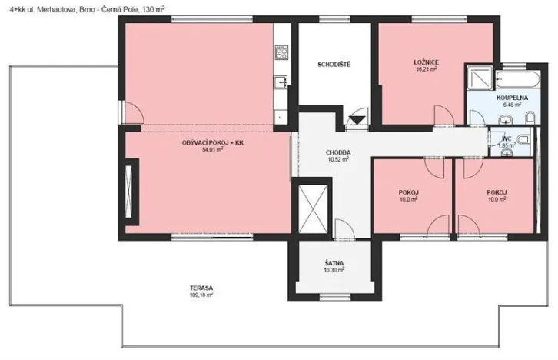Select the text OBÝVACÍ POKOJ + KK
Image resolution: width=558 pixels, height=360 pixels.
(x=213, y=142)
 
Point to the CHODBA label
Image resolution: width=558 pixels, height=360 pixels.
(x=338, y=152)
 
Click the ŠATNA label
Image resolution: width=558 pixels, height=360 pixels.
(x=334, y=263)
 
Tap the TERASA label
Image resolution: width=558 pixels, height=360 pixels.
(x=201, y=288)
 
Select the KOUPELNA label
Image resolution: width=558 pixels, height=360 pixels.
(x=511, y=98)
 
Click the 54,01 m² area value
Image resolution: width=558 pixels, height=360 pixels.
(x=213, y=150)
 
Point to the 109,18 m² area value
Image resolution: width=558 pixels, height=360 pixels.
(x=201, y=295)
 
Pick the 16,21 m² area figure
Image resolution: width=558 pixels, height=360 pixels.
(x=426, y=68)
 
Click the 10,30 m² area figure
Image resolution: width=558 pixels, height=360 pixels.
(x=334, y=270)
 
